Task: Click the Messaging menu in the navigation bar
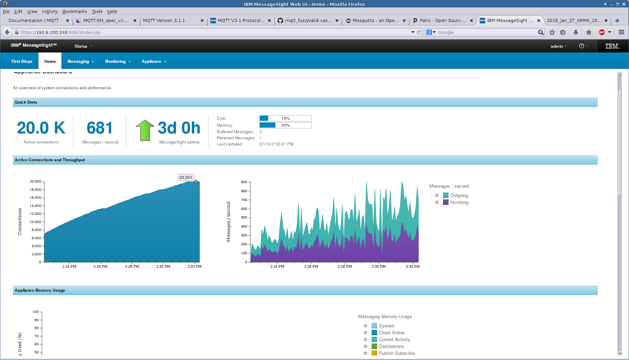[80, 61]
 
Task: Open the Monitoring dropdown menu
[117, 61]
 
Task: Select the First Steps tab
[22, 61]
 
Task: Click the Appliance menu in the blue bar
[153, 61]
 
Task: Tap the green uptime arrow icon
[145, 130]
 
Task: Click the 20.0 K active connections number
[41, 128]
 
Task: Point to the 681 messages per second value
[100, 128]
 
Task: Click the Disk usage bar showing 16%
[285, 118]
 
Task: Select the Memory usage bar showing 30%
[285, 125]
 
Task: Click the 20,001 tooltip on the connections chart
[186, 178]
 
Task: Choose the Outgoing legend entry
[459, 195]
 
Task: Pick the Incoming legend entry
[459, 202]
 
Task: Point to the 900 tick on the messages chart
[244, 182]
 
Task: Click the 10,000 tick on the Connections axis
[35, 222]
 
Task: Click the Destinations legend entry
[391, 346]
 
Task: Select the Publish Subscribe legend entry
[396, 353]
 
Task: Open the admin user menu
[558, 46]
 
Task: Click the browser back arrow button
[7, 32]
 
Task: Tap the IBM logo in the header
[612, 46]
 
